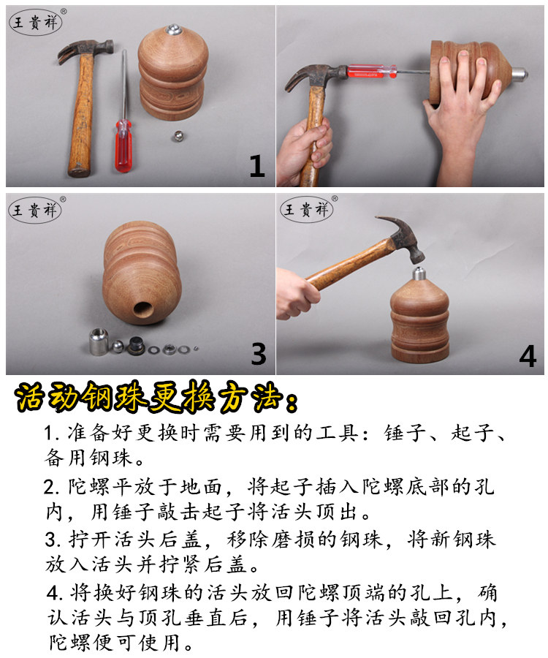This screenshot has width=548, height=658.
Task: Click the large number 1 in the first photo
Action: pyautogui.click(x=257, y=165)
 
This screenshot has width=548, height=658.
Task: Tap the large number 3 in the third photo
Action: pyautogui.click(x=258, y=354)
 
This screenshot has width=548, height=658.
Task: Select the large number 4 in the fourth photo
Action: pyautogui.click(x=528, y=356)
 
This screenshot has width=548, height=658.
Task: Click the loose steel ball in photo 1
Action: pyautogui.click(x=178, y=136)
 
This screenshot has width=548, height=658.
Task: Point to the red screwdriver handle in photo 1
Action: pyautogui.click(x=123, y=145)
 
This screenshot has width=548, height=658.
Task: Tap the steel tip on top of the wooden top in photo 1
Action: pyautogui.click(x=173, y=29)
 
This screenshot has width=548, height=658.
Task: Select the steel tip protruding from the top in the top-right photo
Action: pyautogui.click(x=518, y=75)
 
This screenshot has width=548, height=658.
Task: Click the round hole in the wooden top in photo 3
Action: pyautogui.click(x=143, y=310)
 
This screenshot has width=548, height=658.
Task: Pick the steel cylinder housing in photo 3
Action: pyautogui.click(x=99, y=341)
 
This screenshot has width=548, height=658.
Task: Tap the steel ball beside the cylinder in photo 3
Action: pyautogui.click(x=117, y=347)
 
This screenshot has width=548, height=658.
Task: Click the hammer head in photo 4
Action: pyautogui.click(x=403, y=236)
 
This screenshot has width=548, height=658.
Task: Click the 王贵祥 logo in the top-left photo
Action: pyautogui.click(x=36, y=22)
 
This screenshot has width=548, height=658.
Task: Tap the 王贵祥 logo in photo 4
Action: pyautogui.click(x=306, y=209)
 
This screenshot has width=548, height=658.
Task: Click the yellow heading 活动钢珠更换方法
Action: pyautogui.click(x=156, y=396)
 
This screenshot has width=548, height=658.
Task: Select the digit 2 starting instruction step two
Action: pyautogui.click(x=49, y=487)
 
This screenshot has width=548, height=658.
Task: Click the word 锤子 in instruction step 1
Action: pyautogui.click(x=404, y=433)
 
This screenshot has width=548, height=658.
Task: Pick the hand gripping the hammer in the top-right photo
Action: pyautogui.click(x=304, y=148)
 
